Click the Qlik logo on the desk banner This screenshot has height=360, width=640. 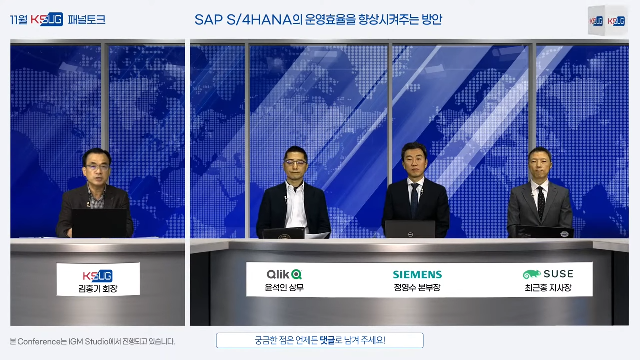[284, 274]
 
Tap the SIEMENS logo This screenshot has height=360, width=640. [417, 275]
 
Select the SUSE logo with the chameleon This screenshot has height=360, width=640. [548, 274]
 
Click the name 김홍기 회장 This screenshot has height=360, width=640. [98, 289]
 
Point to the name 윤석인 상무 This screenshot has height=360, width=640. [284, 287]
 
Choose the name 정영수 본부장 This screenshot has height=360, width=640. [417, 287]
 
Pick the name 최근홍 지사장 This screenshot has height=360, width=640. [548, 287]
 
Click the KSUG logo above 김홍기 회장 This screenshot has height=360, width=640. [98, 276]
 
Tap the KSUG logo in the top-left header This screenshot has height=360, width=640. [47, 19]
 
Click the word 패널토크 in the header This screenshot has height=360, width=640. [87, 19]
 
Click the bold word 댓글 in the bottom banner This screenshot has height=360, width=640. [327, 340]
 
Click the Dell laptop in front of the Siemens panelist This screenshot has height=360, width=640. [410, 229]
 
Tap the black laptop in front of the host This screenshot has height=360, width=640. [99, 223]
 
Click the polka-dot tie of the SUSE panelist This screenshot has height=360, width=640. [541, 203]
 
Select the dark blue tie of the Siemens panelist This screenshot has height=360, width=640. [414, 200]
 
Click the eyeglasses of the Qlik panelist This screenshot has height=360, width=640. [295, 163]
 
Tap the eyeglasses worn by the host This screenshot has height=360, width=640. [97, 167]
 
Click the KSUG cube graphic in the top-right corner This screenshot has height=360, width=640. [607, 20]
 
